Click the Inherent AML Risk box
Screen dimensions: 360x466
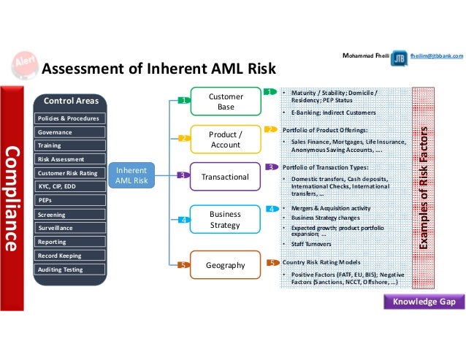click(x=132, y=175)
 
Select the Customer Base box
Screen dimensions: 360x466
click(x=226, y=102)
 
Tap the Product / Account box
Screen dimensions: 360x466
click(x=226, y=139)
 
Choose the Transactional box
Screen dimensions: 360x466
click(x=226, y=177)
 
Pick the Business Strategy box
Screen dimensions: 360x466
click(x=226, y=220)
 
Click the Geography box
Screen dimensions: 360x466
click(x=226, y=265)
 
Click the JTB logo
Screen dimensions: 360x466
click(x=400, y=59)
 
